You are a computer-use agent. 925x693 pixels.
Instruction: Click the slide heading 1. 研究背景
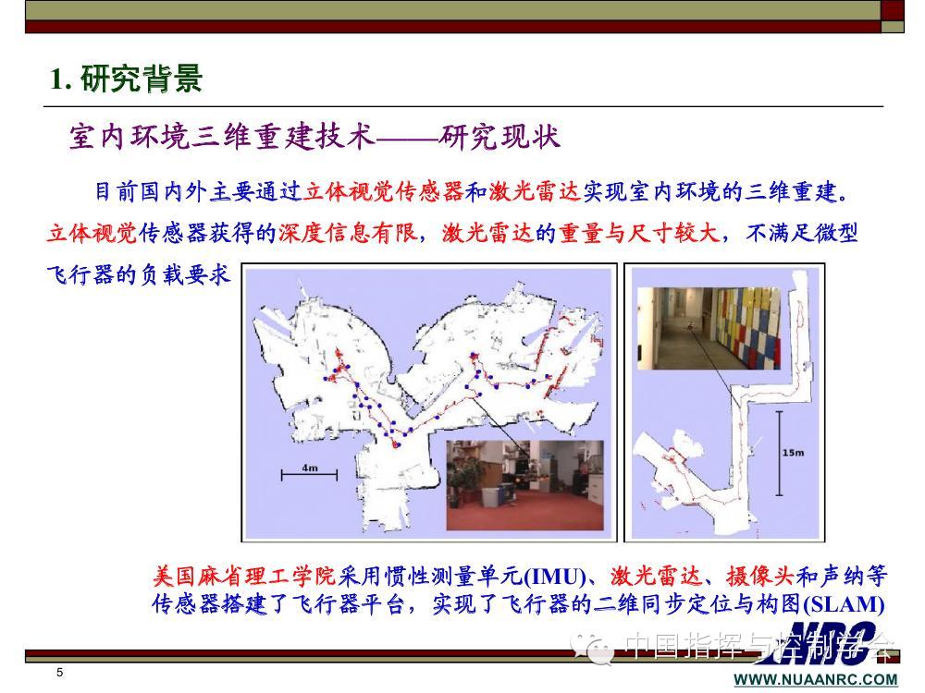(x=126, y=79)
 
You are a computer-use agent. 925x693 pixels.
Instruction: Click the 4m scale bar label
(x=310, y=468)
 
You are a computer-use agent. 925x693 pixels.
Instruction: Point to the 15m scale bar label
(x=793, y=453)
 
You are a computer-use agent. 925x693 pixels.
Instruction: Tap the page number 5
(x=59, y=673)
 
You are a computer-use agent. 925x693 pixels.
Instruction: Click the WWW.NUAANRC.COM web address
(x=816, y=679)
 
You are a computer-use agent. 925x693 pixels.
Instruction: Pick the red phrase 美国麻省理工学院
(x=243, y=576)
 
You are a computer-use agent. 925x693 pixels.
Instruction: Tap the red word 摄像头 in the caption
(x=760, y=576)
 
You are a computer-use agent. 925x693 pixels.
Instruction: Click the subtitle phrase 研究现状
(x=499, y=137)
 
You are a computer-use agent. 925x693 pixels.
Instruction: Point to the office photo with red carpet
(x=524, y=485)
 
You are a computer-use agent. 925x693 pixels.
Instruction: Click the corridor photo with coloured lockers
(x=709, y=328)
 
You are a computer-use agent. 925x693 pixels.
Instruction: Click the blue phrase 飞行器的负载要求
(x=138, y=275)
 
